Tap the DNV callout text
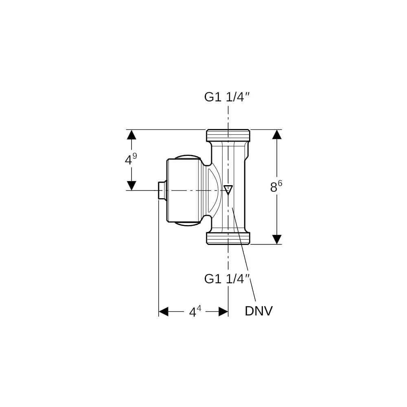click(258, 311)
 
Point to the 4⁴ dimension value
click(195, 311)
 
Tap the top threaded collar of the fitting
click(228, 136)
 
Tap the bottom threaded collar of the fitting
click(228, 238)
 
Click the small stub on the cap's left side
click(162, 190)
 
